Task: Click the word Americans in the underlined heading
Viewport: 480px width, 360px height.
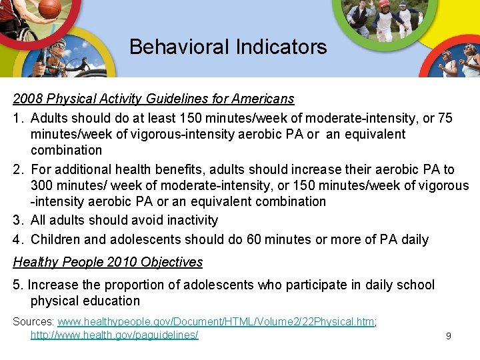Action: [x=263, y=99]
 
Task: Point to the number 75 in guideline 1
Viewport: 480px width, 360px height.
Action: [x=445, y=118]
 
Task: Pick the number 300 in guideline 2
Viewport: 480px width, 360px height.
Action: [x=43, y=185]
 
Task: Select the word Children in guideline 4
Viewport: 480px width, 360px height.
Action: [x=56, y=239]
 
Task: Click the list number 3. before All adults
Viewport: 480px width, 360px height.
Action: [x=19, y=220]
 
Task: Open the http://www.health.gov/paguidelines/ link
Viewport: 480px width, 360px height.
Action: [x=114, y=334]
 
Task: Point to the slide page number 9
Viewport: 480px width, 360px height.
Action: [x=448, y=336]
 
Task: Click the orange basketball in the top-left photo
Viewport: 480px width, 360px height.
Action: [x=49, y=9]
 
